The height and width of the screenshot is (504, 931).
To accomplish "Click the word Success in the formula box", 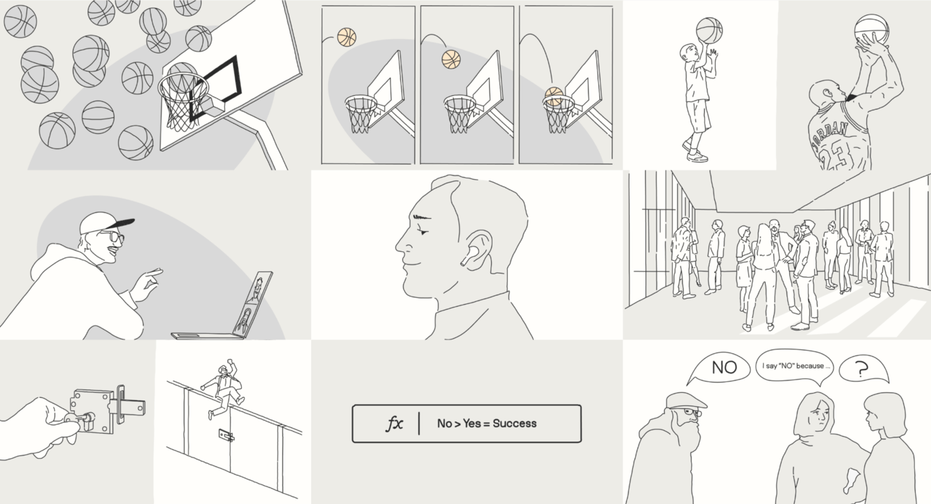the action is click(x=515, y=423).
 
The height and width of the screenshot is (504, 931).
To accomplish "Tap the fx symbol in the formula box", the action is click(x=395, y=424).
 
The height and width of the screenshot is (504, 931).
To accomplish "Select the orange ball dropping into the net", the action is click(x=554, y=96).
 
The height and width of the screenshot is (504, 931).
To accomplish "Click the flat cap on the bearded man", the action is click(x=686, y=401).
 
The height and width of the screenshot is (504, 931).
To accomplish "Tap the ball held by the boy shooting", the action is click(x=709, y=31).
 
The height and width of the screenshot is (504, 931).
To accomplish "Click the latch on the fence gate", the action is click(x=226, y=436).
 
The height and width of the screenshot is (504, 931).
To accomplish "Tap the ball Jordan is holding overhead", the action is click(x=871, y=29).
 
